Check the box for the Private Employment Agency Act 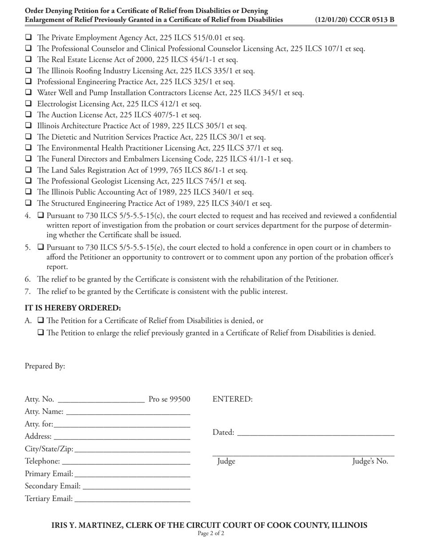point(28,37)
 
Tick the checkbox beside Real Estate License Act point(28,59)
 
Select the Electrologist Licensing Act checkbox point(28,104)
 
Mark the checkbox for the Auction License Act point(28,115)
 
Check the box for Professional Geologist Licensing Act point(28,181)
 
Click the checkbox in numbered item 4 point(41,216)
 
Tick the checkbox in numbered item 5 point(41,247)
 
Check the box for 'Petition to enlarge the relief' point(41,333)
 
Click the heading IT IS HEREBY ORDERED point(73,308)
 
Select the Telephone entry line point(126,462)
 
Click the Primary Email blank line point(132,475)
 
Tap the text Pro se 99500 point(169,399)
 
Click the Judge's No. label point(370,461)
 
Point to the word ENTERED point(233,399)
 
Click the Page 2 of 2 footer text point(211,534)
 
